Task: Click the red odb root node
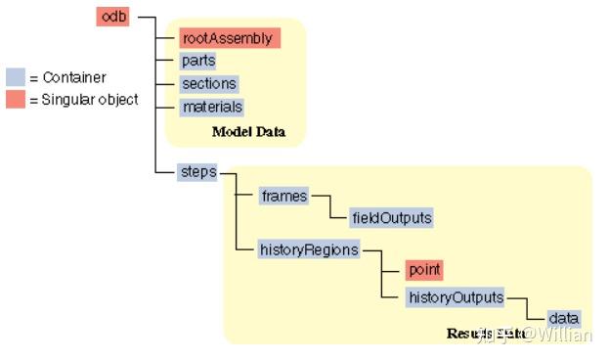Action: (x=114, y=16)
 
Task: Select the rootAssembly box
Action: (x=230, y=38)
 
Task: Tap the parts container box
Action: (x=198, y=61)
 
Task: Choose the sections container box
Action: (x=208, y=84)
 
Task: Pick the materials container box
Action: (x=211, y=107)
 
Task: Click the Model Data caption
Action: (x=248, y=131)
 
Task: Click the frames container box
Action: (x=283, y=196)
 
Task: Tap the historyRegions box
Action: (x=308, y=249)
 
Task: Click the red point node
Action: (x=424, y=270)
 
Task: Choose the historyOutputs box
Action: (x=455, y=296)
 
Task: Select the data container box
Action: (x=563, y=319)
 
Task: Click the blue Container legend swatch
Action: (x=15, y=77)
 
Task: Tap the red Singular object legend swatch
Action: (x=15, y=99)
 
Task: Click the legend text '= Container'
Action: (x=67, y=77)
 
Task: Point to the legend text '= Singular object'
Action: (x=83, y=99)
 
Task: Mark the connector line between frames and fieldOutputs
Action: (x=323, y=206)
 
